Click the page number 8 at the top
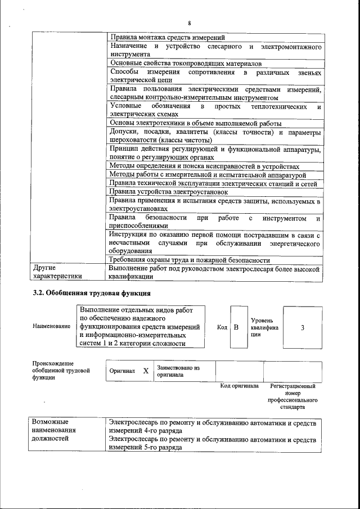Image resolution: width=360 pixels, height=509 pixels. pyautogui.click(x=190, y=22)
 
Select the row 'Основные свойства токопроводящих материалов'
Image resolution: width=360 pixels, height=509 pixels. pyautogui.click(x=185, y=64)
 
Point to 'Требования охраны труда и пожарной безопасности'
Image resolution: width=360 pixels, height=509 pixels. pyautogui.click(x=190, y=260)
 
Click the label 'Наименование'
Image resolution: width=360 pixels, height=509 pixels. pyautogui.click(x=52, y=326)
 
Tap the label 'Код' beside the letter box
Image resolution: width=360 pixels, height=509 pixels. pyautogui.click(x=222, y=327)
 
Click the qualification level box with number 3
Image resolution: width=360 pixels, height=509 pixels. pyautogui.click(x=303, y=327)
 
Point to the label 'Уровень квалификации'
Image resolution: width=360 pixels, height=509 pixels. pyautogui.click(x=264, y=327)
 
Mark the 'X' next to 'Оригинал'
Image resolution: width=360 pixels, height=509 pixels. pyautogui.click(x=146, y=371)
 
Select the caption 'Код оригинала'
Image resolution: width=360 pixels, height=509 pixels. pyautogui.click(x=239, y=386)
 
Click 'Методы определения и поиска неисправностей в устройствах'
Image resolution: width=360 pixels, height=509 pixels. pyautogui.click(x=204, y=166)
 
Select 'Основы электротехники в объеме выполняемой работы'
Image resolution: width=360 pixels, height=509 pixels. pyautogui.click(x=195, y=123)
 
